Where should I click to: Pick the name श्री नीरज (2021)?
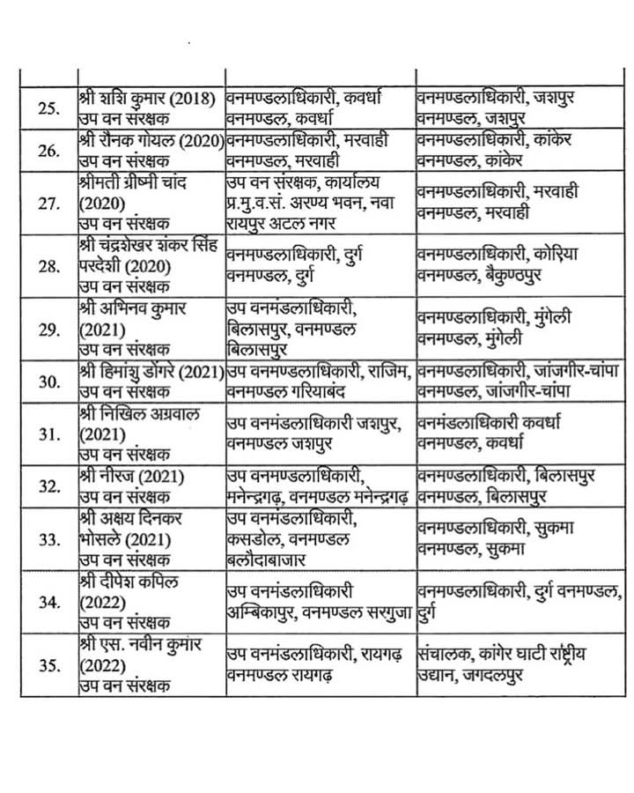pos(125,477)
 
